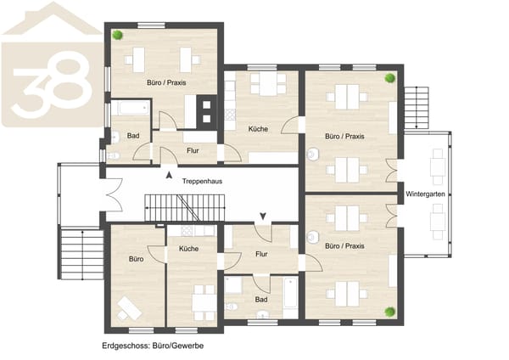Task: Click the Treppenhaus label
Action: [202, 181]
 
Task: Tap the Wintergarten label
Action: [425, 194]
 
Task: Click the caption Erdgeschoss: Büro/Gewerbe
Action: [153, 346]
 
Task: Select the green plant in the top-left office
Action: [118, 35]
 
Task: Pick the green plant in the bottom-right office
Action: [390, 312]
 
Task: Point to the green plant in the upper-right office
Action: [390, 78]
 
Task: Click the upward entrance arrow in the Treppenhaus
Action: [169, 175]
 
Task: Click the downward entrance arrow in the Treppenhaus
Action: [263, 216]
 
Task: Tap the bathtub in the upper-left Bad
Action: [131, 108]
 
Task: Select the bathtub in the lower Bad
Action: [290, 292]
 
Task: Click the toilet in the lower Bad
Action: [232, 306]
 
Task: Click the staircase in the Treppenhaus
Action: [185, 208]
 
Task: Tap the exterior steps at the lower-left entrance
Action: [82, 255]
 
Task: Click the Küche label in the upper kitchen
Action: [258, 129]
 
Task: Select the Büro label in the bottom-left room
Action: [136, 259]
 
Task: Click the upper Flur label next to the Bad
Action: [193, 150]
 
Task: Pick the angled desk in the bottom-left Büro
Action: [129, 308]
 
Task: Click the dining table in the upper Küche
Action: [268, 84]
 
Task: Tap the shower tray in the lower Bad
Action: [233, 285]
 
